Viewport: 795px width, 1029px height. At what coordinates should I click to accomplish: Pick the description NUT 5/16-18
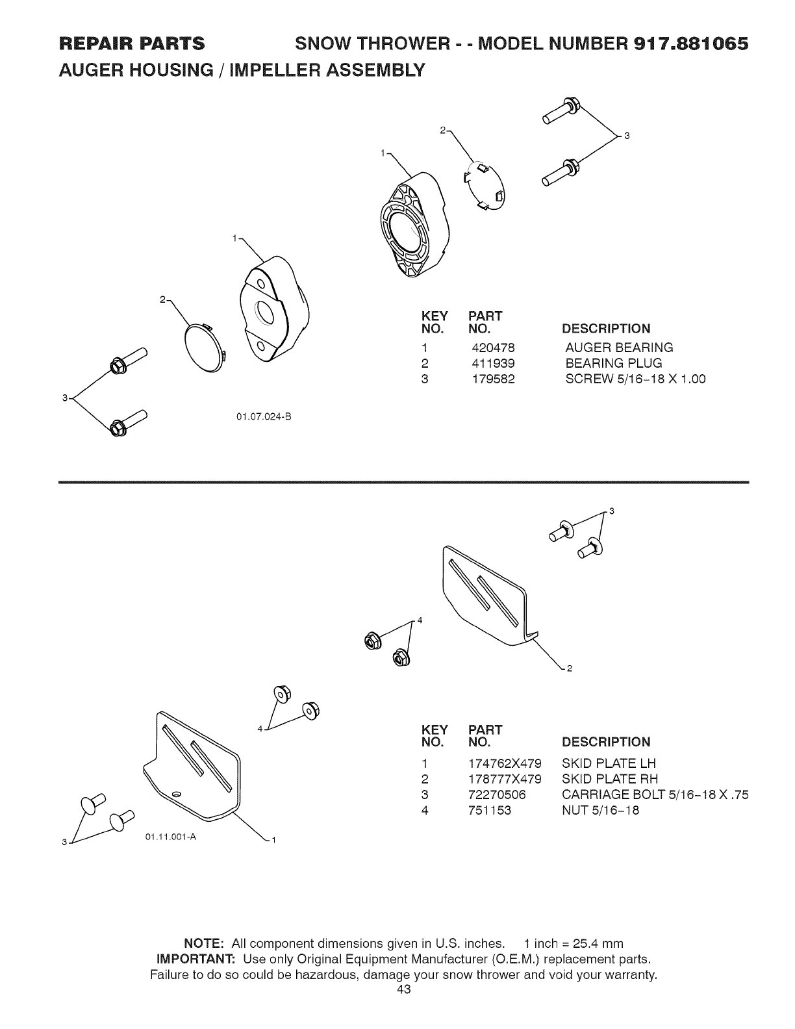click(600, 810)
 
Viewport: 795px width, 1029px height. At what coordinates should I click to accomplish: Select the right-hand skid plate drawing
click(487, 594)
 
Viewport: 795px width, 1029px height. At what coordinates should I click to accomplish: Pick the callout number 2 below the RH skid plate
click(569, 668)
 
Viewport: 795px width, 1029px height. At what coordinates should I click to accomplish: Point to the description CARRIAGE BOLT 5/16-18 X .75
click(655, 794)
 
